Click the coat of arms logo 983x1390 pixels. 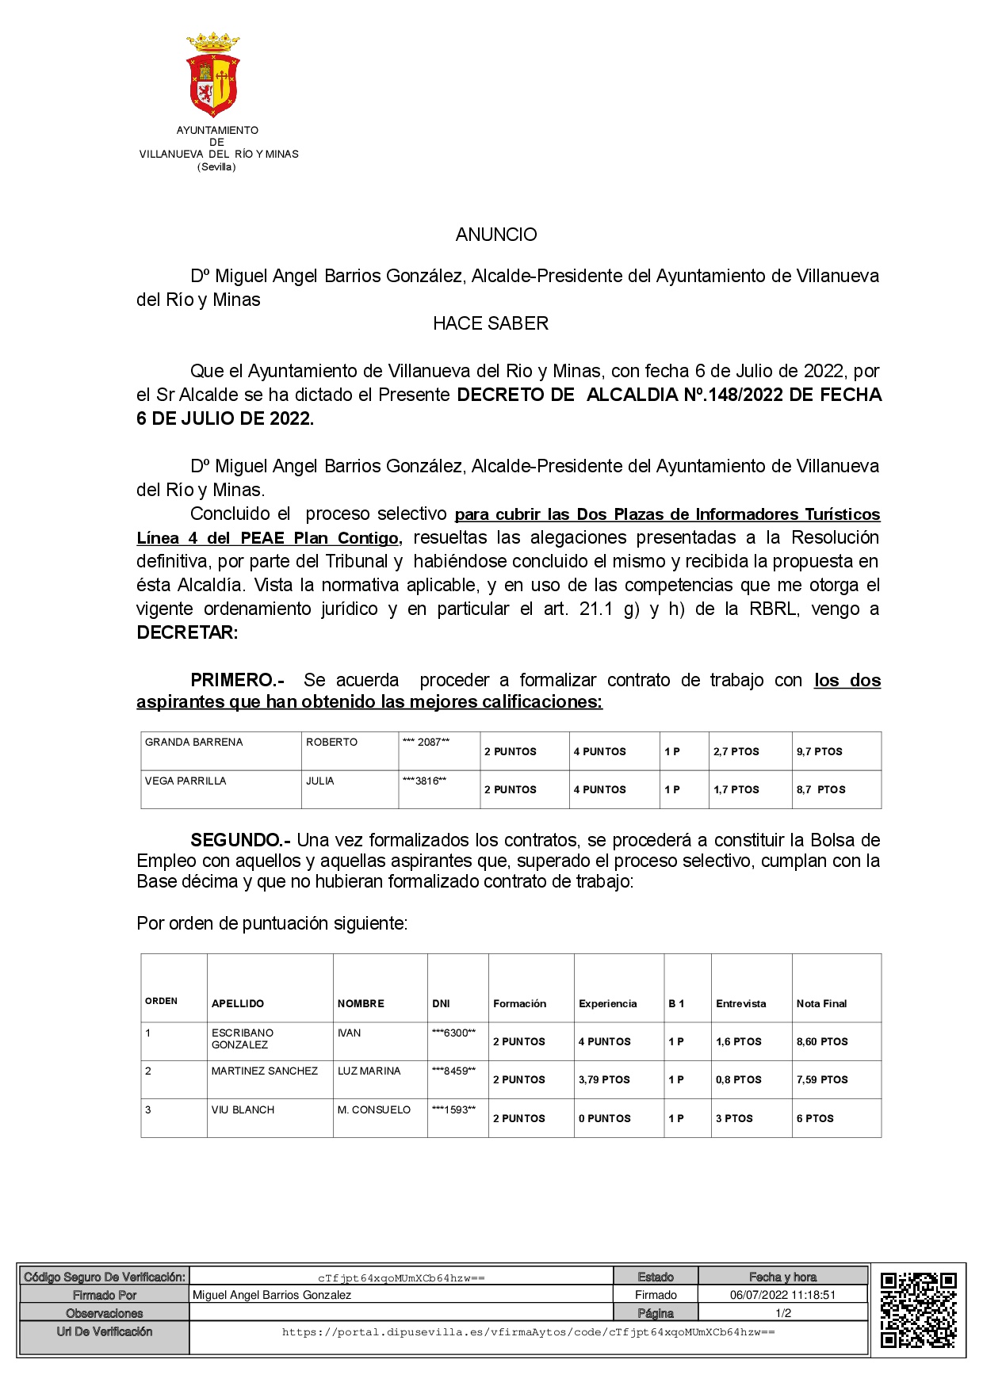coord(213,74)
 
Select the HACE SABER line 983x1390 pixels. coord(491,323)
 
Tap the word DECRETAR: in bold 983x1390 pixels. coord(187,632)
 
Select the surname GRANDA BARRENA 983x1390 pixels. coord(194,743)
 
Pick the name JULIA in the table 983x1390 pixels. coord(320,781)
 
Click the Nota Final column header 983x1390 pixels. coord(821,1003)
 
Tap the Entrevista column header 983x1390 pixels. coord(740,1003)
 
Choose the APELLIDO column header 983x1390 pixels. coord(238,1003)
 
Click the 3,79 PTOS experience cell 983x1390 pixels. coord(604,1079)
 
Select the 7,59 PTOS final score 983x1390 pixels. coord(822,1079)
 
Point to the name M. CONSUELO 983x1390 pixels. coord(374,1109)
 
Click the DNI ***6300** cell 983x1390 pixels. coord(453,1033)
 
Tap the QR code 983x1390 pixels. coord(918,1310)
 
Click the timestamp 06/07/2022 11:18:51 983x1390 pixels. coord(782,1295)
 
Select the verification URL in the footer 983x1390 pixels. coord(528,1332)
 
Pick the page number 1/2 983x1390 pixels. coord(783,1313)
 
